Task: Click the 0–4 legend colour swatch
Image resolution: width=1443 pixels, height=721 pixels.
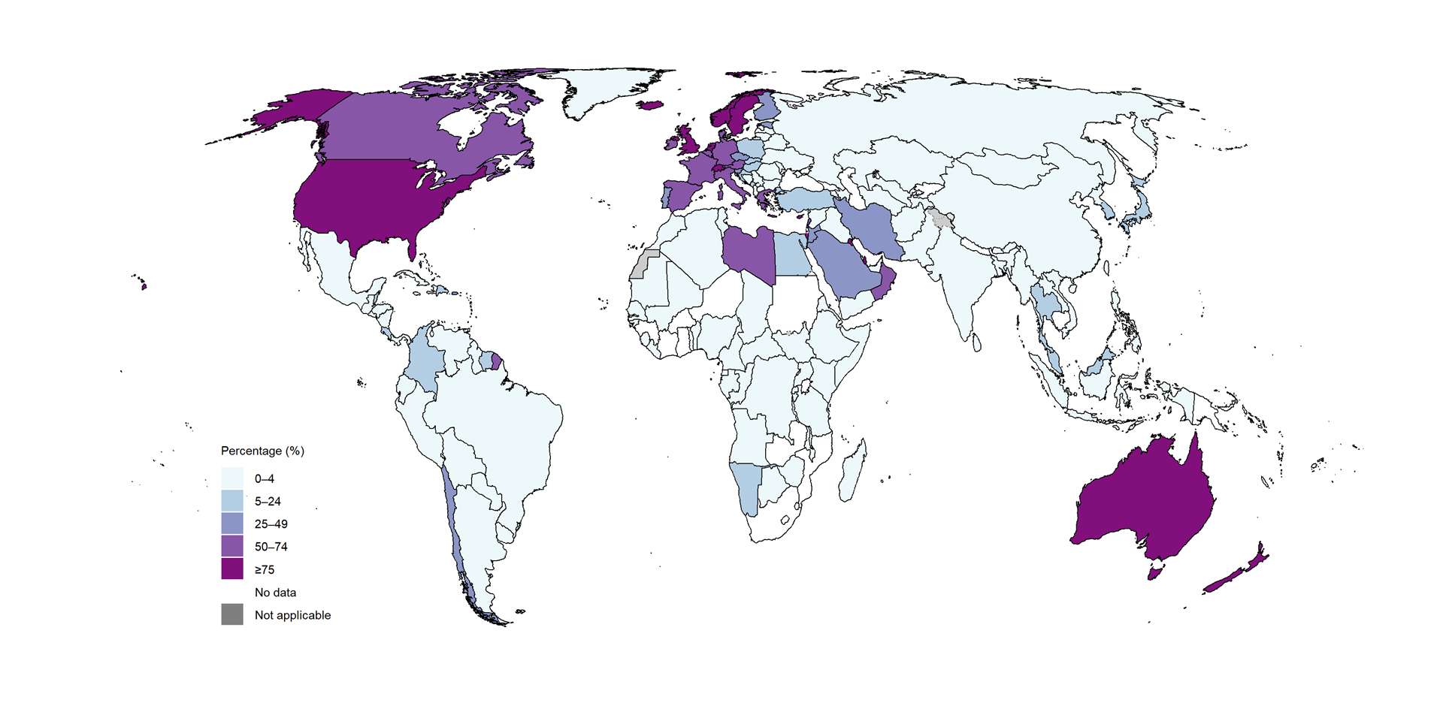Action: pyautogui.click(x=232, y=478)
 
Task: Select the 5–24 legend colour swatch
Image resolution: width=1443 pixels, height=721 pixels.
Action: pyautogui.click(x=232, y=501)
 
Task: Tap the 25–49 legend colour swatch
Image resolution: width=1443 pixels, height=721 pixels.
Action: pyautogui.click(x=232, y=523)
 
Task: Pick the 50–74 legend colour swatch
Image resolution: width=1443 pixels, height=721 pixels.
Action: pyautogui.click(x=232, y=546)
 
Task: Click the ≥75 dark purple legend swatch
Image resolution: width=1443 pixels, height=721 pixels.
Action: pyautogui.click(x=232, y=569)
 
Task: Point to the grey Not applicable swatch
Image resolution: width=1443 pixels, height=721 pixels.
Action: pyautogui.click(x=232, y=614)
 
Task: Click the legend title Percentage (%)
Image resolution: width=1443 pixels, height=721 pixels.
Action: pyautogui.click(x=262, y=451)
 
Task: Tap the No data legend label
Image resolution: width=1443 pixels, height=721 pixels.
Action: pyautogui.click(x=275, y=593)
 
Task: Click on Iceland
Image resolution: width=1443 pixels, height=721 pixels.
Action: pyautogui.click(x=651, y=106)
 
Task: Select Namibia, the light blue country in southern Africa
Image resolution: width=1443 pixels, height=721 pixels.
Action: pyautogui.click(x=746, y=484)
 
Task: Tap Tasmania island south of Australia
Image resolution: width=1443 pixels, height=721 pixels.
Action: pyautogui.click(x=1155, y=573)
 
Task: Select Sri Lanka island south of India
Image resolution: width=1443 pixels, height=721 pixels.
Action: pyautogui.click(x=977, y=343)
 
